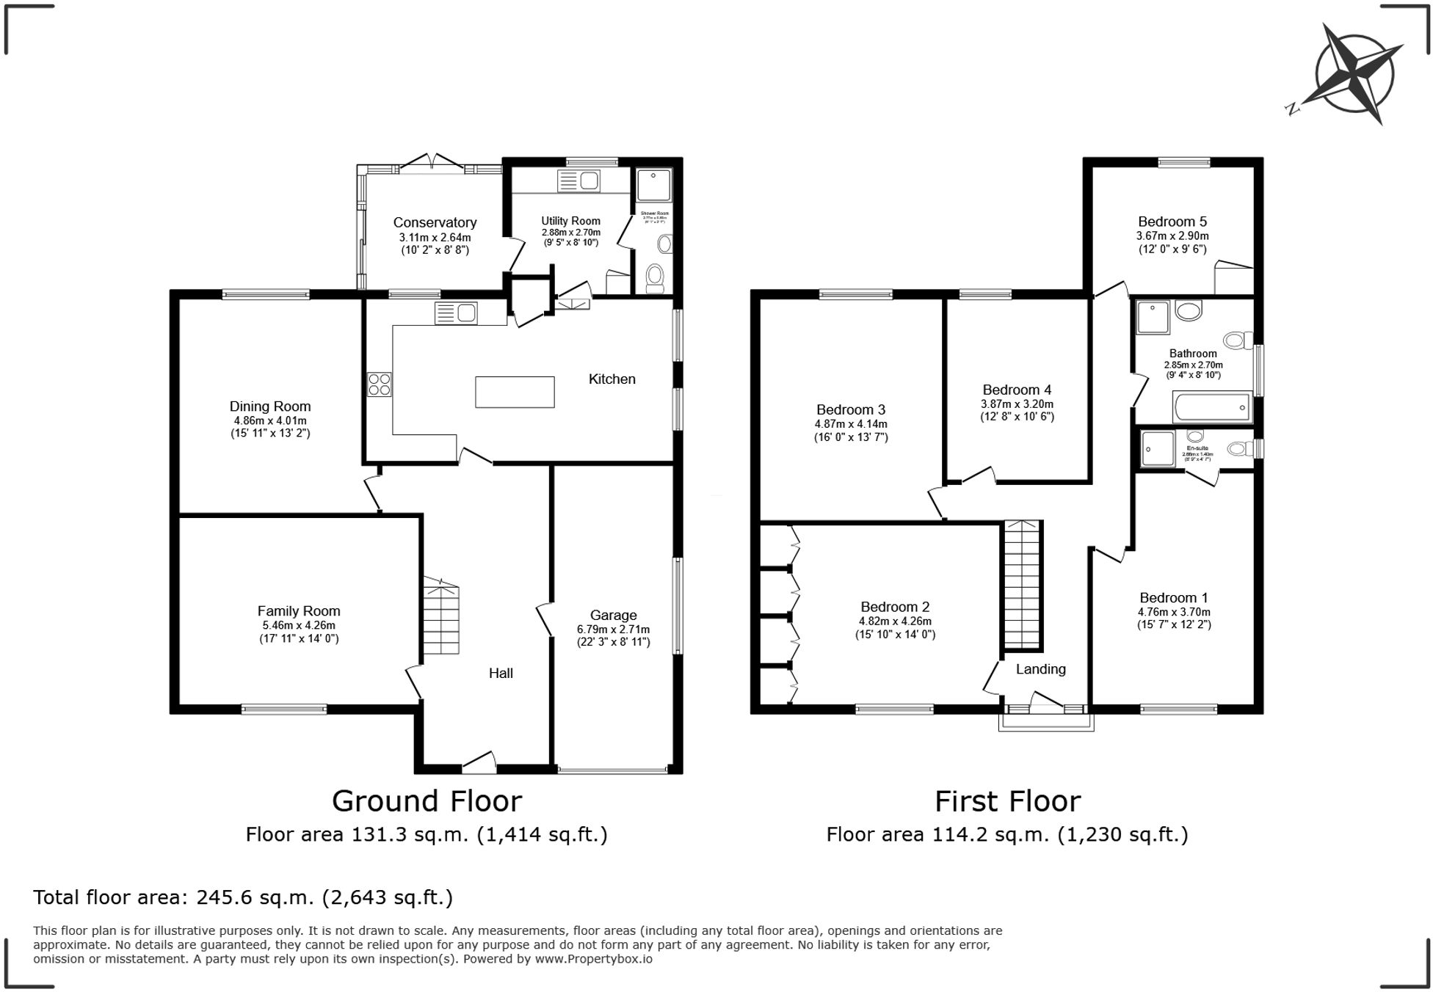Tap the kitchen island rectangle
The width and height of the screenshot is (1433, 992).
pyautogui.click(x=515, y=391)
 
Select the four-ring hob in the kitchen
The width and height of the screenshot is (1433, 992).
pyautogui.click(x=380, y=384)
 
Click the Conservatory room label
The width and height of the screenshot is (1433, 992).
pyautogui.click(x=435, y=222)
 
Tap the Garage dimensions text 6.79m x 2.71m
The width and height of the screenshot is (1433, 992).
pyautogui.click(x=613, y=629)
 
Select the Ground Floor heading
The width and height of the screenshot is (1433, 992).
pyautogui.click(x=427, y=800)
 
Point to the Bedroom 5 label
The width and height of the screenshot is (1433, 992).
pyautogui.click(x=1172, y=222)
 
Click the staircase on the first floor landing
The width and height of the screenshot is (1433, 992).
pyautogui.click(x=1022, y=585)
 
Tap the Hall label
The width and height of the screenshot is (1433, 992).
pyautogui.click(x=501, y=673)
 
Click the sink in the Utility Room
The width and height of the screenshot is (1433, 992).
pyautogui.click(x=580, y=180)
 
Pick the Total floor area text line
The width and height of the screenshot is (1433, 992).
pyautogui.click(x=243, y=897)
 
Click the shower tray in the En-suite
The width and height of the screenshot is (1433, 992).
pyautogui.click(x=1158, y=448)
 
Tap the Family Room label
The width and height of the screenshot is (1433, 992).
pyautogui.click(x=298, y=610)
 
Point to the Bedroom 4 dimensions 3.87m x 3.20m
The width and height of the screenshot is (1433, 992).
pyautogui.click(x=1017, y=404)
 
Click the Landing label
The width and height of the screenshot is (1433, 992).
pyautogui.click(x=1040, y=668)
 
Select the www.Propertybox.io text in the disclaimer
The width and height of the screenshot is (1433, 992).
pyautogui.click(x=593, y=958)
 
